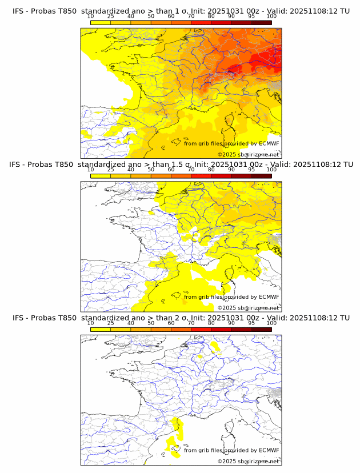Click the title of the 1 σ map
181,11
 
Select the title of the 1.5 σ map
181,164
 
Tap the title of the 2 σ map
181,318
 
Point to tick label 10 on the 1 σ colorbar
91,17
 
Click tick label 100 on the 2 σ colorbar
271,323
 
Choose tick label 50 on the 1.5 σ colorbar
151,170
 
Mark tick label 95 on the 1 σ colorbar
251,17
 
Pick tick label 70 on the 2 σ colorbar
191,323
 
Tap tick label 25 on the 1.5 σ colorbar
111,170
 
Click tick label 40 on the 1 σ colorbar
131,17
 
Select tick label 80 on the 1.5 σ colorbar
211,170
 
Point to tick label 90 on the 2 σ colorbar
231,323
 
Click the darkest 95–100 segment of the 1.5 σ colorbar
261,176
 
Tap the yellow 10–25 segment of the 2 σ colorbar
101,329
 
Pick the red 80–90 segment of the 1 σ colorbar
221,22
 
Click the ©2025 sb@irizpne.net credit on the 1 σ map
248,154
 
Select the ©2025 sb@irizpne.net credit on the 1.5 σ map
248,307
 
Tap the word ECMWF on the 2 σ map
269,450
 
